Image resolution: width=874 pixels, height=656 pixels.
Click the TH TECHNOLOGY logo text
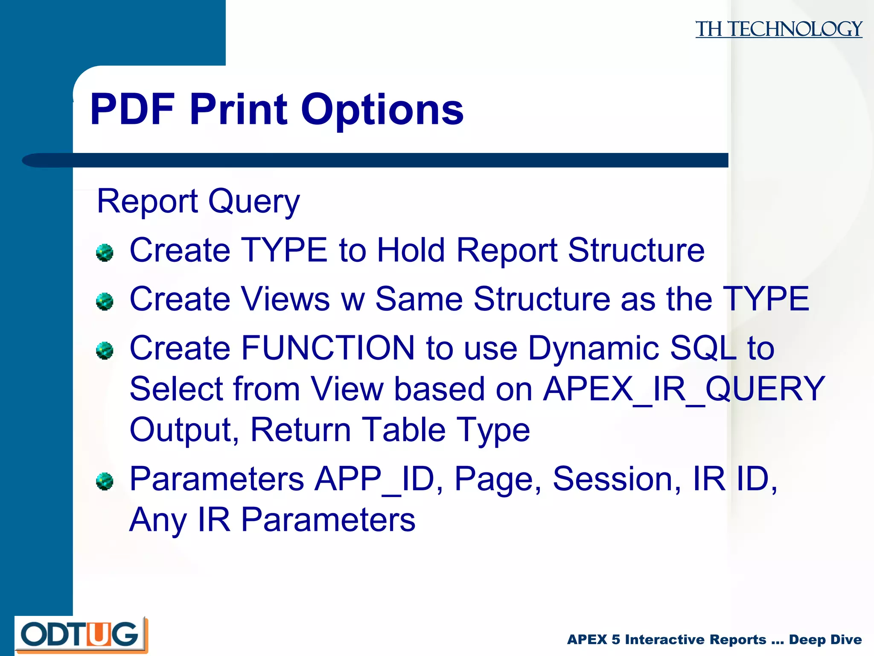[x=778, y=29]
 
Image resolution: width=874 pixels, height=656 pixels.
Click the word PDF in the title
[x=133, y=110]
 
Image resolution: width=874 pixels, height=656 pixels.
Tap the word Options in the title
[x=382, y=110]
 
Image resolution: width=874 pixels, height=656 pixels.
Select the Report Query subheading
[x=198, y=201]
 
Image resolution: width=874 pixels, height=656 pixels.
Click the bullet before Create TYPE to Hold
[x=105, y=252]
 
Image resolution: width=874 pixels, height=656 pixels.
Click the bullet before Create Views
[x=105, y=302]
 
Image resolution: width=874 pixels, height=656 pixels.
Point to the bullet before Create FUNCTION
[x=105, y=351]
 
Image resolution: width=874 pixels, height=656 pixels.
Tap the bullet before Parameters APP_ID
[x=105, y=481]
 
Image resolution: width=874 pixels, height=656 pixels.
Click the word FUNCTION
[x=328, y=348]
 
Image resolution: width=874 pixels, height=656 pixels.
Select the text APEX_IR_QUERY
[x=684, y=389]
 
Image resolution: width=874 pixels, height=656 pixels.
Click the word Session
[x=616, y=479]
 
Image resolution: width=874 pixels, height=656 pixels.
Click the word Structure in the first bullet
[x=636, y=250]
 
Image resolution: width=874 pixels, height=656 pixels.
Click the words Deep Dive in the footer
[x=825, y=639]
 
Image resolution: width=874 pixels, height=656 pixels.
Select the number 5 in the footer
[x=615, y=639]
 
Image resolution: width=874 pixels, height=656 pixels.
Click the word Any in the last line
[x=158, y=520]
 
